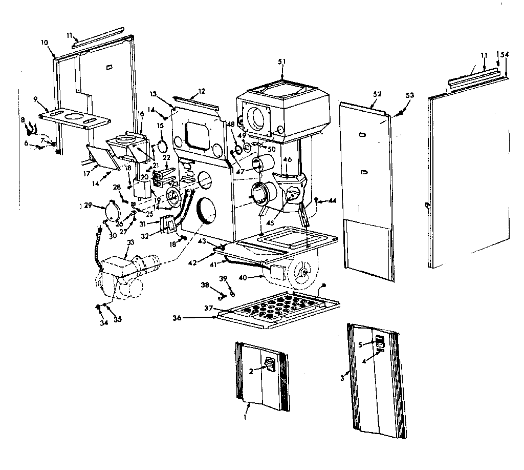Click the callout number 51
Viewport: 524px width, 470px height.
click(281, 62)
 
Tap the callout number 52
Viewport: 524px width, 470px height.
click(377, 94)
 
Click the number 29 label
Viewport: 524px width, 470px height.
click(88, 206)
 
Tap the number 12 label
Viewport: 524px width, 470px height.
click(201, 91)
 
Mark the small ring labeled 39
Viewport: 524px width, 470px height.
click(232, 294)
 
